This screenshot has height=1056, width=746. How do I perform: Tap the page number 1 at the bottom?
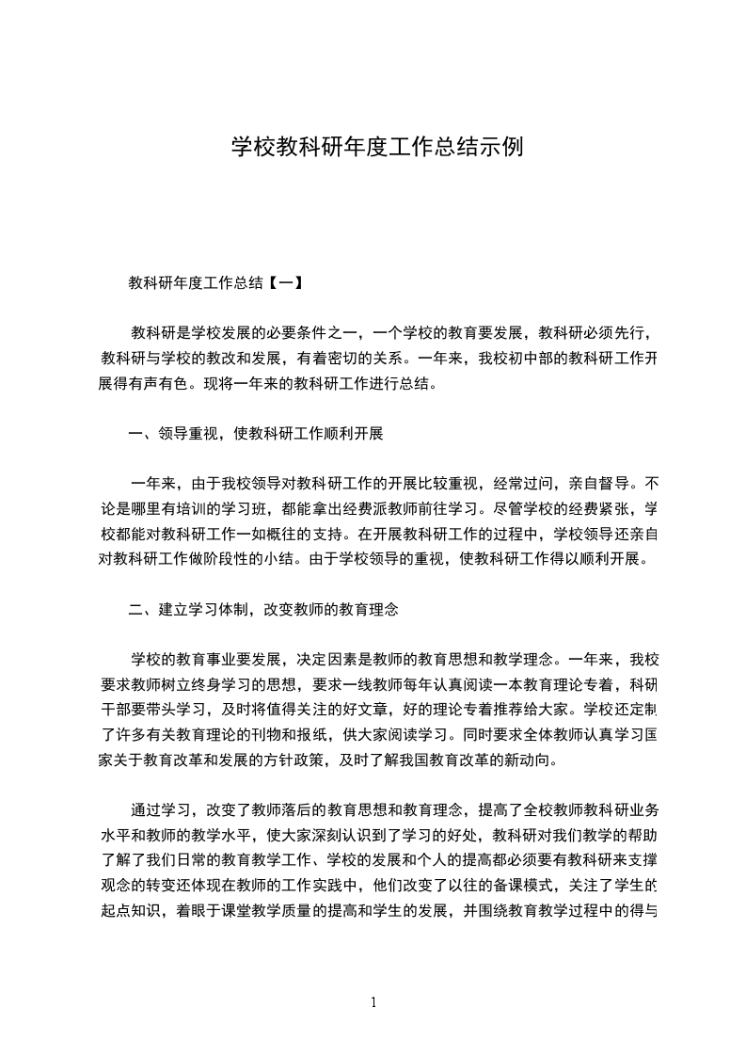click(374, 1002)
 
